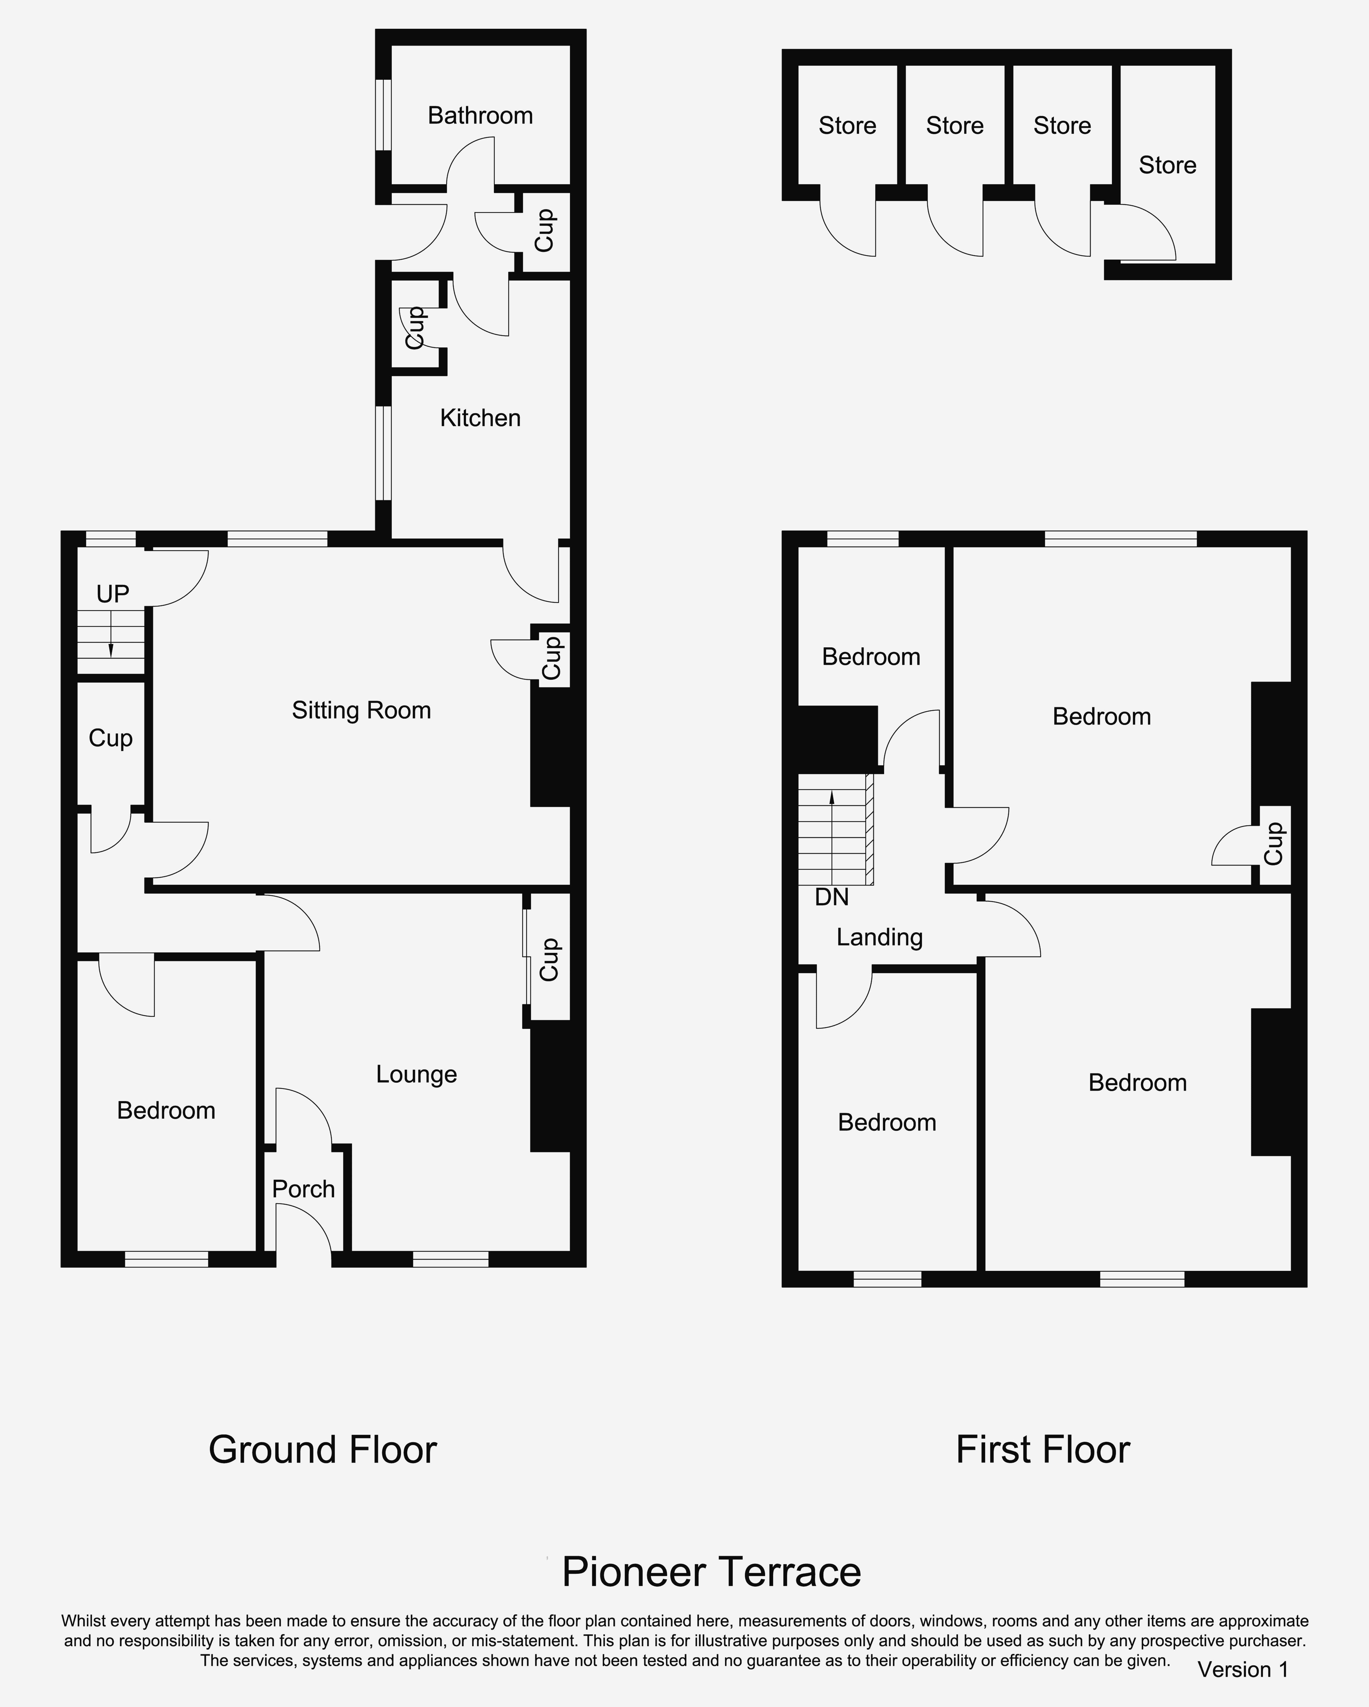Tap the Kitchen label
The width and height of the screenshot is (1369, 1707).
point(480,418)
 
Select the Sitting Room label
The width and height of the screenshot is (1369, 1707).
point(362,710)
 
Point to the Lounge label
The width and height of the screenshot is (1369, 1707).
point(416,1074)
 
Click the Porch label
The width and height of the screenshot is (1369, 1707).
point(303,1189)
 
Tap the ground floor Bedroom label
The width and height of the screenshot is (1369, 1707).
point(166,1111)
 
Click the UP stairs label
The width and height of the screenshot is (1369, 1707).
point(112,594)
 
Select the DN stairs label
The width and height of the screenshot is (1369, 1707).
point(832,897)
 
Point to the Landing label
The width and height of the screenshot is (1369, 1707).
point(880,937)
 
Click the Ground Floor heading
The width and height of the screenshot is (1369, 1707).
point(323,1450)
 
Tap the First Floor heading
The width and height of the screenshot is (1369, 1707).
point(1043,1450)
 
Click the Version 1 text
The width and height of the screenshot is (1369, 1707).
point(1243,1670)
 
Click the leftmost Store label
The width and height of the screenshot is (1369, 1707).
point(847,126)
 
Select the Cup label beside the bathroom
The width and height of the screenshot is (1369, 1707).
point(544,230)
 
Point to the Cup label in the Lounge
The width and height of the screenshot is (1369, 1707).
point(549,960)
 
